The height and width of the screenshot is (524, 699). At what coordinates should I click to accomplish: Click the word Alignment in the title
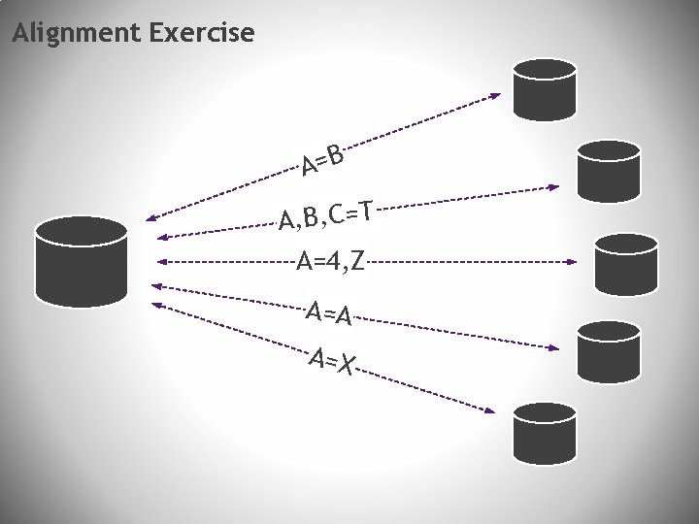[x=77, y=34]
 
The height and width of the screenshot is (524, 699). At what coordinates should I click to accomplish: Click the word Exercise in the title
[x=202, y=34]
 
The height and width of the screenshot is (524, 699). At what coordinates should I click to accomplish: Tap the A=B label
[x=322, y=160]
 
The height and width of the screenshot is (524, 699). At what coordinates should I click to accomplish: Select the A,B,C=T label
[x=325, y=215]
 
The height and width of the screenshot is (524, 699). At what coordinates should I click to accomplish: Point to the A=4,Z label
[x=330, y=261]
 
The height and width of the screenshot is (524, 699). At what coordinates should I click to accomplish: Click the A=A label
[x=328, y=312]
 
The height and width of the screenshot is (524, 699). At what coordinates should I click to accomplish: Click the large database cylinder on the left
[x=81, y=263]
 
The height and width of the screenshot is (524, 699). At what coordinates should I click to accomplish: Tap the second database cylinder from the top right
[x=609, y=171]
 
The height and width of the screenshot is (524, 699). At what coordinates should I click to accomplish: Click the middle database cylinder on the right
[x=625, y=264]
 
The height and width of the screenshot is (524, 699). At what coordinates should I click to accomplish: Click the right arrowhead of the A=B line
[x=496, y=95]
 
